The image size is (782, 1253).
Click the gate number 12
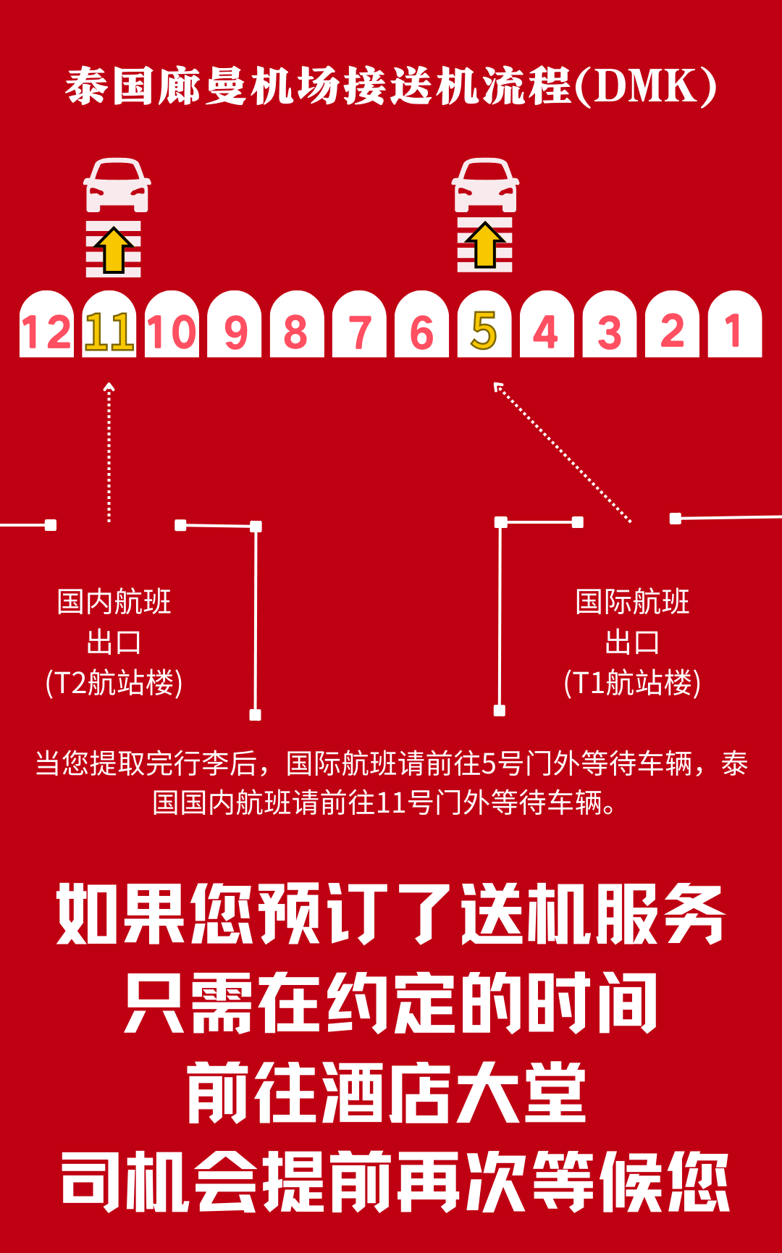(x=46, y=332)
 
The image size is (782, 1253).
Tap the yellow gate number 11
(x=109, y=332)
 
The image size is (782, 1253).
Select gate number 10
(x=172, y=332)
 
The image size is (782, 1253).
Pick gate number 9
(x=235, y=332)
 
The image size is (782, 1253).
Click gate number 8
(x=296, y=332)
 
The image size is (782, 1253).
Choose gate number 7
(x=359, y=332)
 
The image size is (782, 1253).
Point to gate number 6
(x=421, y=332)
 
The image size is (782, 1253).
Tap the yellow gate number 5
(x=484, y=331)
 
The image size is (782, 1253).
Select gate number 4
(x=547, y=332)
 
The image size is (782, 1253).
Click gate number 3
(x=610, y=332)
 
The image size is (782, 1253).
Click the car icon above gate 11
(x=117, y=185)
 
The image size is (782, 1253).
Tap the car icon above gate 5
(x=485, y=185)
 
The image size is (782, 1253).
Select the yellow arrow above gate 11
(x=114, y=250)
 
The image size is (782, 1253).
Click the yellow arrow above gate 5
(x=485, y=246)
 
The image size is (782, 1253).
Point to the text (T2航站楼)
(x=114, y=683)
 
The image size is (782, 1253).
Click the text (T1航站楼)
(x=632, y=683)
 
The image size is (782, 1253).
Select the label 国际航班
(x=632, y=602)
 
